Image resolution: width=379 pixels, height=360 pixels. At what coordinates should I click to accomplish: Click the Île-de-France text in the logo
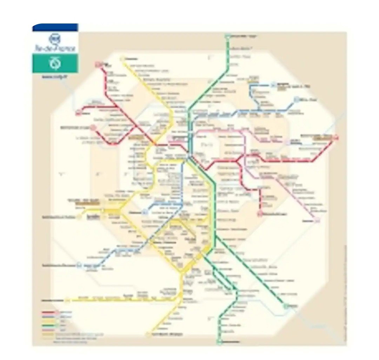click(55, 48)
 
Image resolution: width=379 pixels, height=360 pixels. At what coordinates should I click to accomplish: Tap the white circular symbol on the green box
click(55, 63)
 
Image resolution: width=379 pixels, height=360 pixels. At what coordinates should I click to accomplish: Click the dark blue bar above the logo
click(55, 27)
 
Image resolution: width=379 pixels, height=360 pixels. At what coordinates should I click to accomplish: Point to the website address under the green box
click(50, 76)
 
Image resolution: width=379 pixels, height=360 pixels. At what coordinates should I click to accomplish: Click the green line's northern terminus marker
click(227, 36)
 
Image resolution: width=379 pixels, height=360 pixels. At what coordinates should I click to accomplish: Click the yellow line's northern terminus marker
click(123, 59)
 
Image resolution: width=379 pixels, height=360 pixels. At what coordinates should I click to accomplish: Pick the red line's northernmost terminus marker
click(98, 64)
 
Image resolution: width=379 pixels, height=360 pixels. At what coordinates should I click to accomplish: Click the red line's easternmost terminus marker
click(336, 137)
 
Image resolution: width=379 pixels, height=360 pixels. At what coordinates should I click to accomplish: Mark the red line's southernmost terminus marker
click(260, 213)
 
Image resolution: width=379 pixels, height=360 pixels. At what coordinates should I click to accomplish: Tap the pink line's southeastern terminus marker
click(318, 220)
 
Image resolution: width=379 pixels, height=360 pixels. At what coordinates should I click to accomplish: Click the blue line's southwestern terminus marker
click(80, 265)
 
